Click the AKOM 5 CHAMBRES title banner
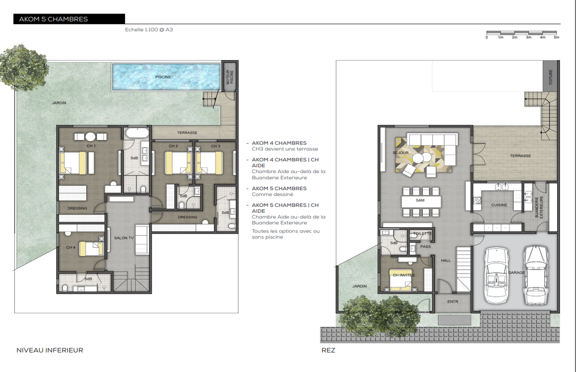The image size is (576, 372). [x=69, y=19]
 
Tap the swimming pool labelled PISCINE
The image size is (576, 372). [x=166, y=77]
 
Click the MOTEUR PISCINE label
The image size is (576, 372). [x=229, y=77]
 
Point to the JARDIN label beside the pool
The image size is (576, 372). [x=59, y=103]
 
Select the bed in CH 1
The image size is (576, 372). [x=77, y=162]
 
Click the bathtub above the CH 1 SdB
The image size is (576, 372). [x=136, y=133]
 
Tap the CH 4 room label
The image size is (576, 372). [x=71, y=248]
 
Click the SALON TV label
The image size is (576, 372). [x=124, y=238]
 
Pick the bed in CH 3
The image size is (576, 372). [x=209, y=162]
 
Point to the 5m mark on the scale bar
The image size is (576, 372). [x=557, y=37]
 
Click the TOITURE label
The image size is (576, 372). [x=550, y=77]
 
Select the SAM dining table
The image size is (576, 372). [x=421, y=201]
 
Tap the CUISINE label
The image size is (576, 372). [x=499, y=205]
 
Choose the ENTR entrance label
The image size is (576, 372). [x=453, y=301]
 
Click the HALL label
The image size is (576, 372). [x=446, y=260]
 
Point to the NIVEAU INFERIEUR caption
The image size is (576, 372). [x=50, y=351]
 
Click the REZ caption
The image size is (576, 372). [x=328, y=351]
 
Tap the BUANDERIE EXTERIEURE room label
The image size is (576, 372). [x=539, y=207]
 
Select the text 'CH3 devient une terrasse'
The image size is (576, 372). [x=285, y=149]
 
